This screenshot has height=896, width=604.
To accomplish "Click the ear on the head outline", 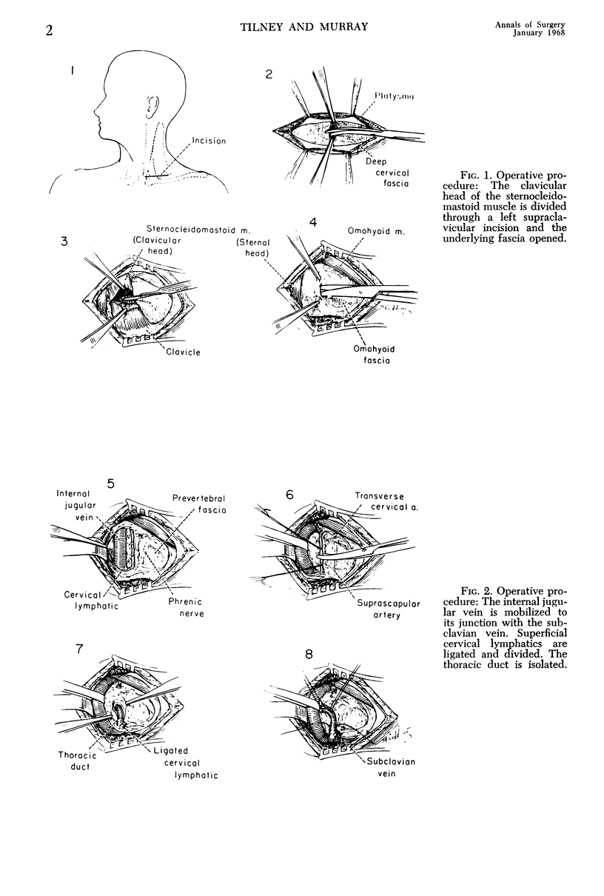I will pyautogui.click(x=153, y=108).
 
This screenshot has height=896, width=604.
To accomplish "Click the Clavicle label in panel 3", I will pyautogui.click(x=184, y=352).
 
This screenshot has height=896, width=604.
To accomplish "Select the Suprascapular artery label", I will pyautogui.click(x=378, y=607).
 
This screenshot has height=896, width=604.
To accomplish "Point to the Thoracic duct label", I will pyautogui.click(x=75, y=760).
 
